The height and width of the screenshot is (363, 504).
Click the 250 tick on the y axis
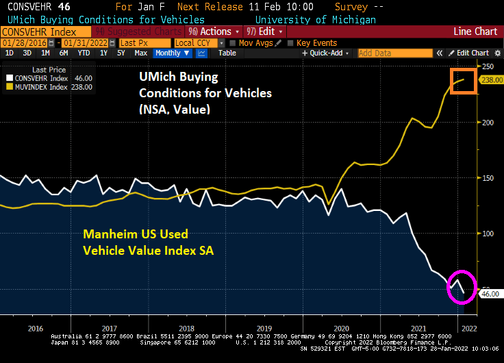(488, 66)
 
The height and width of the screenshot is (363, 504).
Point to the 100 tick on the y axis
(488, 234)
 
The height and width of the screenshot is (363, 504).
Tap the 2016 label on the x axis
(36, 328)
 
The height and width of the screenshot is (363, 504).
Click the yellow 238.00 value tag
(489, 80)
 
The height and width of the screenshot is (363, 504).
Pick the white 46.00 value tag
(488, 293)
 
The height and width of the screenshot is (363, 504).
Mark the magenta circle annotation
(459, 286)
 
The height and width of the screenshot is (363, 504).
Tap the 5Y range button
(121, 53)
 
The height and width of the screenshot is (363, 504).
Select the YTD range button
(84, 53)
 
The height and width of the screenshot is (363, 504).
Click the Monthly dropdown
(170, 53)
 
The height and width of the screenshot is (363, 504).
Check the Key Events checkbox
(292, 42)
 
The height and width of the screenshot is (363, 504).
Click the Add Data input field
(383, 53)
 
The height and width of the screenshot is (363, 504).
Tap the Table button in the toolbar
(227, 53)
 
